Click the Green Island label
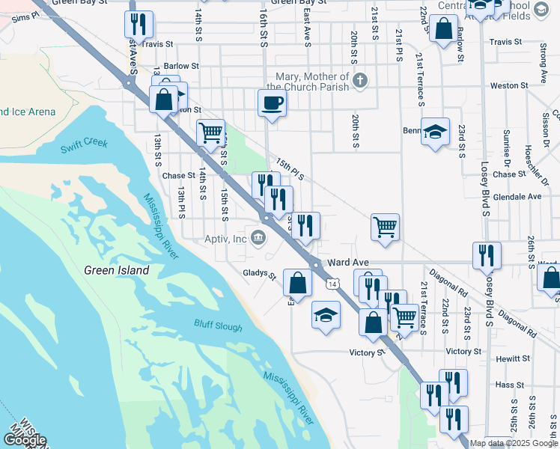pos(116,270)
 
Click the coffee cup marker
pos(272,103)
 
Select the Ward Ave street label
pos(349,263)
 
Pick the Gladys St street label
pos(260,274)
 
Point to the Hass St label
pos(508,384)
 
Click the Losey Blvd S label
pos(487,291)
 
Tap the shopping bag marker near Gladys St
pos(298,282)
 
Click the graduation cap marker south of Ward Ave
pos(326,316)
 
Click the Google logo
pos(24,440)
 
